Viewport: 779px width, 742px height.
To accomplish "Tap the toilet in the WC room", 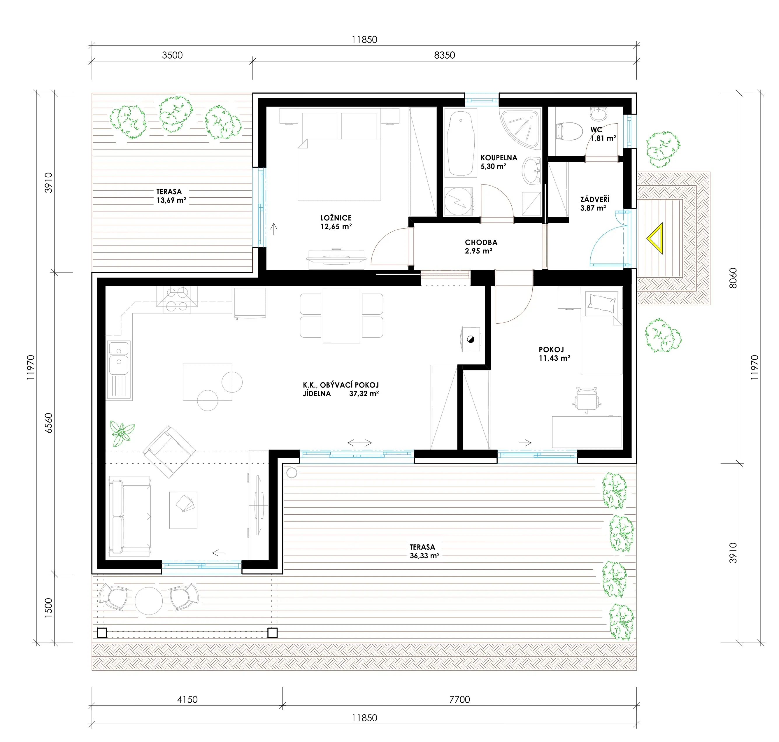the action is pyautogui.click(x=570, y=131).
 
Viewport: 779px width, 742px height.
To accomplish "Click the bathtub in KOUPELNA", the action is pyautogui.click(x=460, y=142).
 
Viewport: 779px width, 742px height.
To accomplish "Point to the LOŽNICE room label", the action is pyautogui.click(x=336, y=222).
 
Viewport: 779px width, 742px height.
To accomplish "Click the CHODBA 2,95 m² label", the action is pyautogui.click(x=481, y=246).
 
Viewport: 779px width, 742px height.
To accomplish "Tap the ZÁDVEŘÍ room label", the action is pyautogui.click(x=594, y=203).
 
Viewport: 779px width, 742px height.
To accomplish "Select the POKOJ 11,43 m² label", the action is pyautogui.click(x=555, y=354).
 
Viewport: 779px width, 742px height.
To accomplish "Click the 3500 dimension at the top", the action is pyautogui.click(x=172, y=55).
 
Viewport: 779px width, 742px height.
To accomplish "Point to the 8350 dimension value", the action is pyautogui.click(x=445, y=55).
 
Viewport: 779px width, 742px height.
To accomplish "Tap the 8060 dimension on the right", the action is pyautogui.click(x=733, y=278).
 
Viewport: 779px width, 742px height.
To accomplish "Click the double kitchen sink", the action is pyautogui.click(x=119, y=358).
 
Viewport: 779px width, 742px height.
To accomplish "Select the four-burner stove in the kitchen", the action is pyautogui.click(x=177, y=299).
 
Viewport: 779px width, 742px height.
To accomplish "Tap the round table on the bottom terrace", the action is pyautogui.click(x=149, y=600).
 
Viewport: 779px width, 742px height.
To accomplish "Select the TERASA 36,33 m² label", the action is pyautogui.click(x=424, y=551).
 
